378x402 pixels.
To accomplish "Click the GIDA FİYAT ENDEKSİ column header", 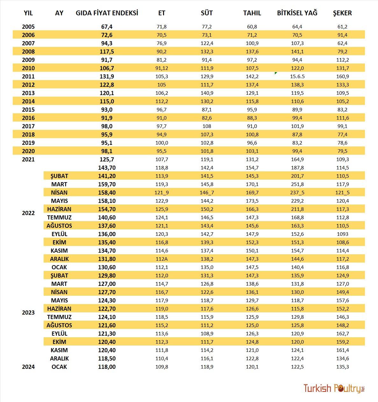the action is coord(107,13).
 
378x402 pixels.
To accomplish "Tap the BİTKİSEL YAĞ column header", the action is coord(297,13).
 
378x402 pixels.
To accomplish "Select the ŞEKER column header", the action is coord(342,13).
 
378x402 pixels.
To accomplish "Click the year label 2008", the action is coord(28,52).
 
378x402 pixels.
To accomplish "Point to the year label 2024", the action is coord(28,367).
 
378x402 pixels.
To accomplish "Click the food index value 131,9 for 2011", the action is coord(107,77).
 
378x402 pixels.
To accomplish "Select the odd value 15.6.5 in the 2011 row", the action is coord(297,77).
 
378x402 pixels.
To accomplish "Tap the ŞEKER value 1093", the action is coord(342,234).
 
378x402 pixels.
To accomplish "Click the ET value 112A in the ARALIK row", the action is coord(161,259).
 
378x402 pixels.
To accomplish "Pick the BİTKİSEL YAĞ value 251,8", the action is coord(297,184).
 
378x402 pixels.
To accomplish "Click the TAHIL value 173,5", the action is coord(252,201).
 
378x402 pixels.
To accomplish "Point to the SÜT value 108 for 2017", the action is coord(207,126).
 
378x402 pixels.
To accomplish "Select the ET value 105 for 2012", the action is coord(161,85).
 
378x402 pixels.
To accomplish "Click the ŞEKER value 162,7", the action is coord(342,334).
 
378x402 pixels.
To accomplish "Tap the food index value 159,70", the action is coord(107,184).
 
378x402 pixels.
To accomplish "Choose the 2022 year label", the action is coord(28,213).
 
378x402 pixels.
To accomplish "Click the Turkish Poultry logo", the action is coord(334,388).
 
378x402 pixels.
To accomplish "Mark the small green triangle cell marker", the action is coord(275,73).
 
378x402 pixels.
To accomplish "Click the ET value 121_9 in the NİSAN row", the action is coord(161,193).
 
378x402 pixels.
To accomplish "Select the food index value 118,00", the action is coord(107,367).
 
